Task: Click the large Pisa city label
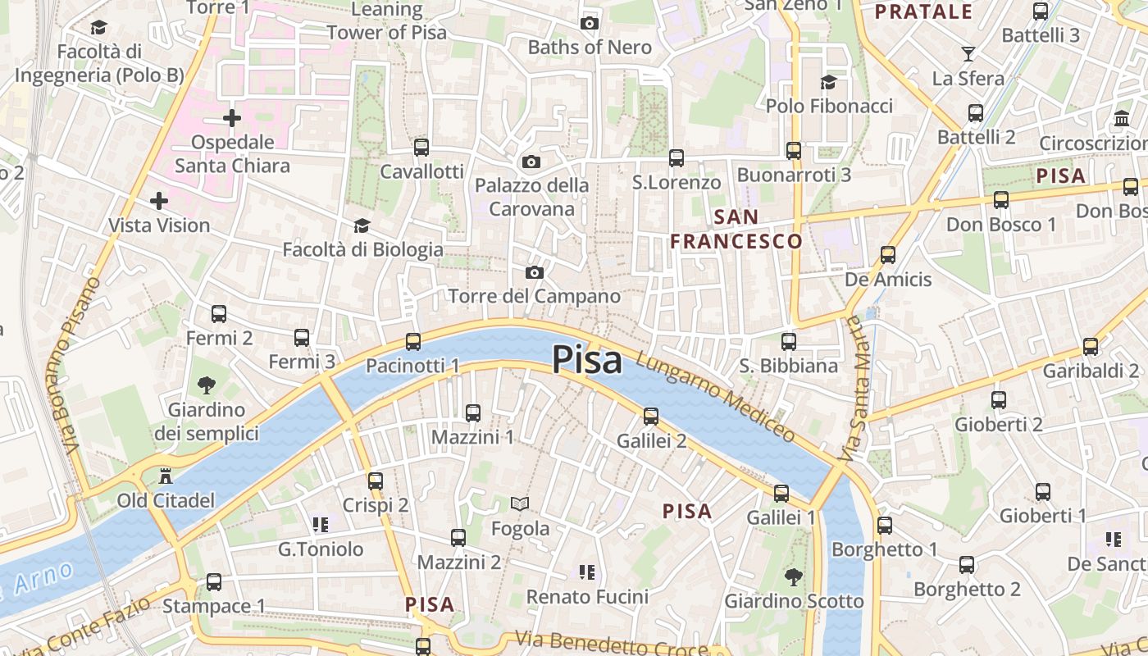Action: coord(586,360)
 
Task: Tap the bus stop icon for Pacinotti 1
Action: coord(413,342)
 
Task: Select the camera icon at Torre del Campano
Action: coord(535,272)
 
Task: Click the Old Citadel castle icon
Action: coord(166,476)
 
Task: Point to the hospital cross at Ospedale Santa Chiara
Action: coord(232,118)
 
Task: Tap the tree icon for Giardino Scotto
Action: coord(793,577)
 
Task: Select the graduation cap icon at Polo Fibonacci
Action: coord(828,82)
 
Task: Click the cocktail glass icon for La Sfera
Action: coord(968,54)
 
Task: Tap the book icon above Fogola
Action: coord(520,503)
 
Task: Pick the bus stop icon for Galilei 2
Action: coord(651,417)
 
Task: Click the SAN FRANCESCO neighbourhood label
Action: coord(736,229)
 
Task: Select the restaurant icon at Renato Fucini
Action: coord(586,572)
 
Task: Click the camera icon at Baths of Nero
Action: coord(589,23)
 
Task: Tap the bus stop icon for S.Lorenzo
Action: coord(676,158)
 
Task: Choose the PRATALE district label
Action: coord(923,11)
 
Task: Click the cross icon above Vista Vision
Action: coord(159,201)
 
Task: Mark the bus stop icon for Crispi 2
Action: coord(376,481)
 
